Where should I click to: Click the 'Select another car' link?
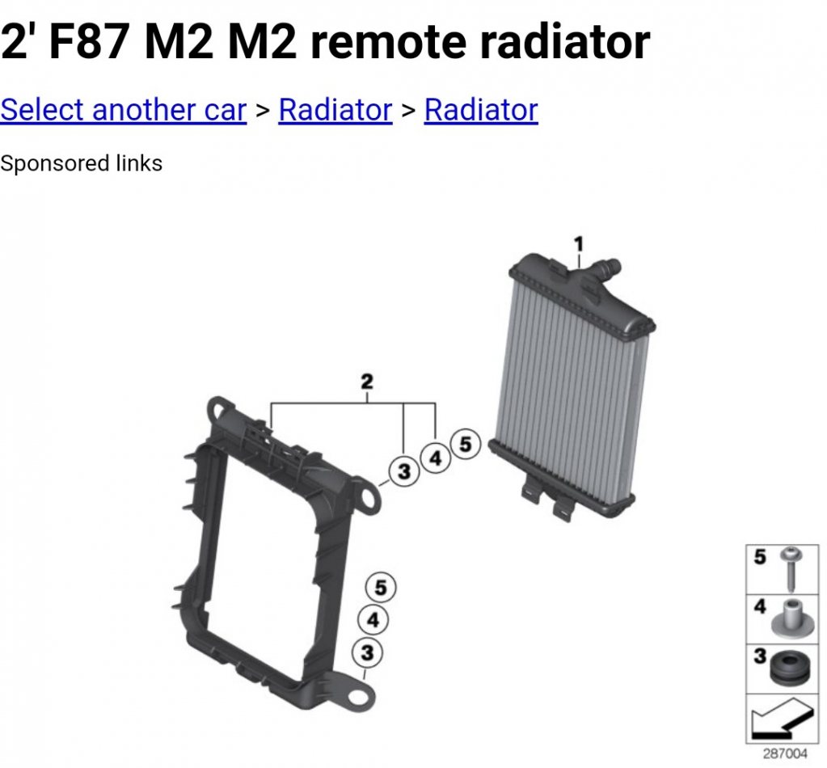click(124, 110)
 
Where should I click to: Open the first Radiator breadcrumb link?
click(335, 110)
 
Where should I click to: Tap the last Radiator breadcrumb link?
click(481, 110)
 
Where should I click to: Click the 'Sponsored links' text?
click(81, 163)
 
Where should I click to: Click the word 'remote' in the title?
click(389, 41)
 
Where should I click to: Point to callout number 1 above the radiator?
click(579, 243)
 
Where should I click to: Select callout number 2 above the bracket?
click(367, 381)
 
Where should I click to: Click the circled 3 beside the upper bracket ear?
click(404, 471)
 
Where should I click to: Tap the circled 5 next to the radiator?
click(465, 444)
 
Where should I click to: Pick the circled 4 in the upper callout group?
click(435, 458)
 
